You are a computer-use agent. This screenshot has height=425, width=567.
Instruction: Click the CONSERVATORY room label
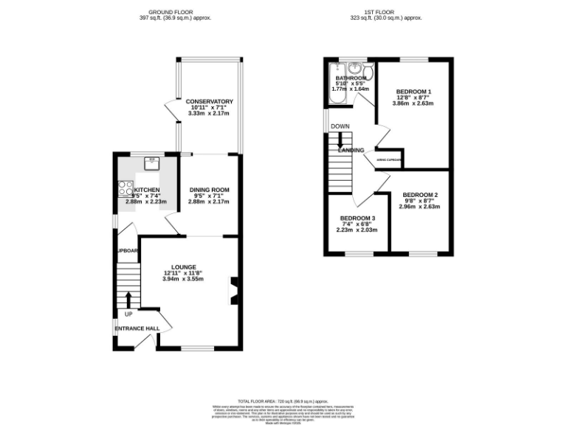[x=209, y=101]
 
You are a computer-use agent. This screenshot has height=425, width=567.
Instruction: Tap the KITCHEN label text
[x=146, y=190]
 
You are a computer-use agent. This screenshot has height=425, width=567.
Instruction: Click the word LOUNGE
[x=183, y=266]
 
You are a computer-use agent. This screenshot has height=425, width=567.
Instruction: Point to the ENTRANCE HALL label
[x=137, y=328]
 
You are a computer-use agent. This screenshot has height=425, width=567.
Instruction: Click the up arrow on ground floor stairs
[x=128, y=299]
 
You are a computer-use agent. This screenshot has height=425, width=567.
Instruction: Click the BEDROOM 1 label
[x=414, y=90]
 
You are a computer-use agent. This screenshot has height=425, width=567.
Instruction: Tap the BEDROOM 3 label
[x=357, y=218]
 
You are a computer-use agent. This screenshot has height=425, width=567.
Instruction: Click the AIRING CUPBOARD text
[x=389, y=159]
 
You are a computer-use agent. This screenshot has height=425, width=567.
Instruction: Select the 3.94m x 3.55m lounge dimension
[x=183, y=280]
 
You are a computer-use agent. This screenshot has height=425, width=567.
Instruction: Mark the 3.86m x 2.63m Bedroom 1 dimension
[x=414, y=103]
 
